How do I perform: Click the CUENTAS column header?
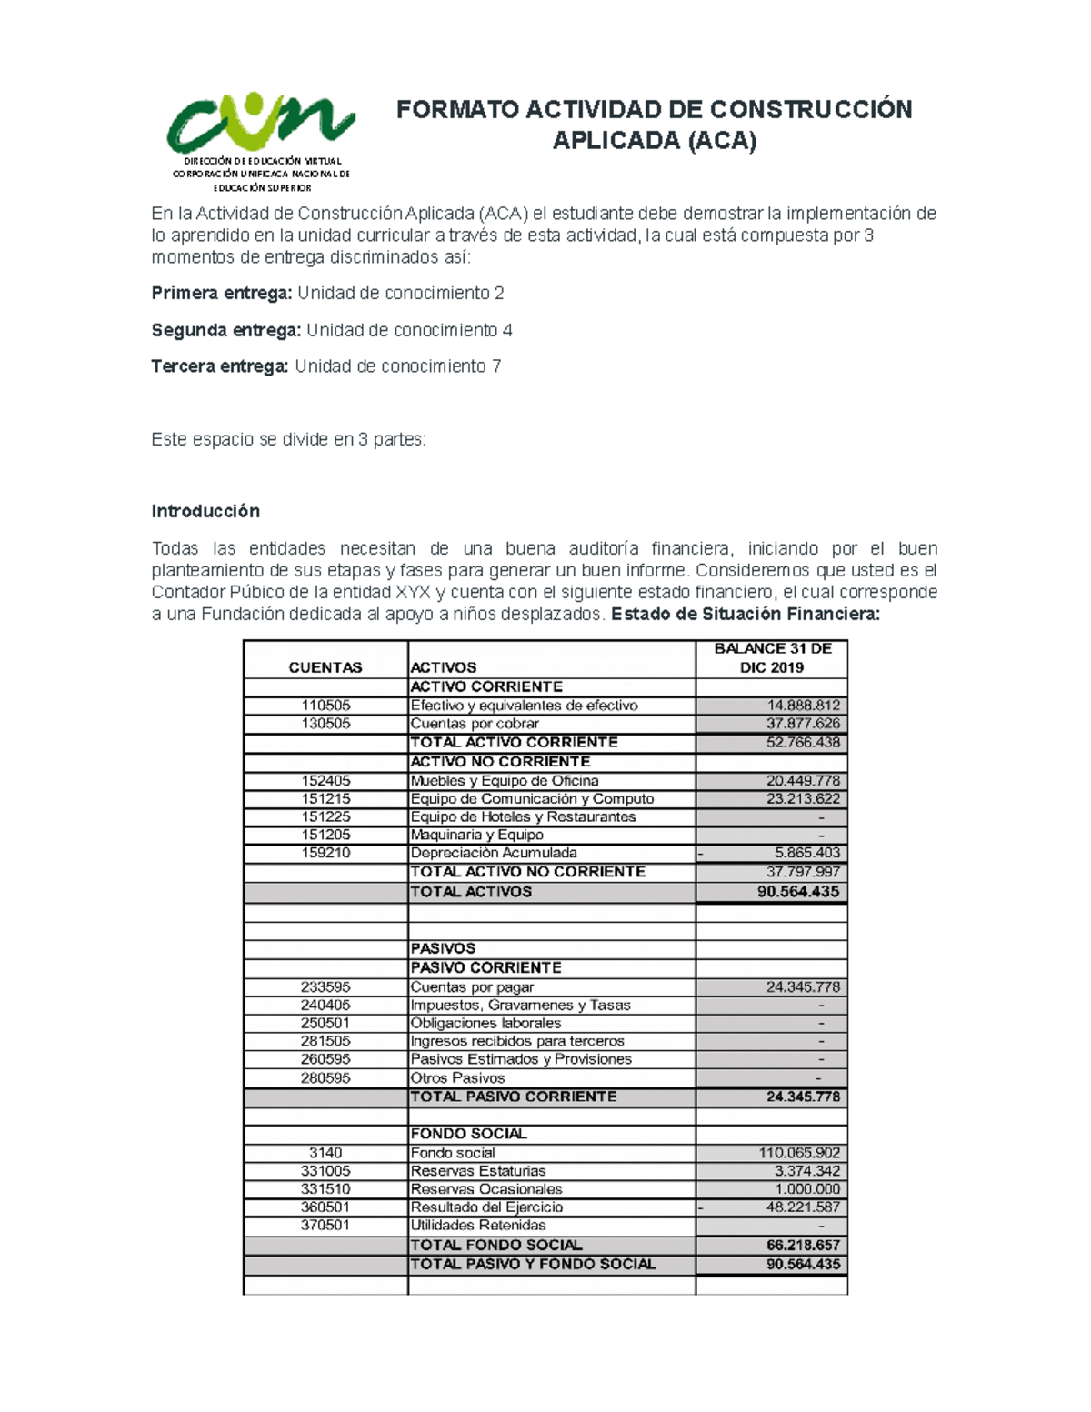tap(325, 667)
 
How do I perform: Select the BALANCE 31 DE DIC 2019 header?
tap(772, 657)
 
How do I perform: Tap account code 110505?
tap(325, 706)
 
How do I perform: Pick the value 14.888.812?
tap(803, 706)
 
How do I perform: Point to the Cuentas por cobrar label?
tap(475, 724)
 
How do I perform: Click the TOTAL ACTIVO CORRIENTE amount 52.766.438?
tap(803, 743)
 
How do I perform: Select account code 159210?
tap(325, 853)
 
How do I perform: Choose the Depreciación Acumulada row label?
tap(494, 853)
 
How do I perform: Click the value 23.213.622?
tap(803, 799)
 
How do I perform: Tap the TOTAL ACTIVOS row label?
tap(471, 892)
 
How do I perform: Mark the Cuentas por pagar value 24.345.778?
tap(803, 987)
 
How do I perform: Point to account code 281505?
tap(325, 1041)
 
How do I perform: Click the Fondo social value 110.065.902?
tap(799, 1153)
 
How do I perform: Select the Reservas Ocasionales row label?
tap(486, 1189)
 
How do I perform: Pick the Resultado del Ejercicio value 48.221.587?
tap(803, 1207)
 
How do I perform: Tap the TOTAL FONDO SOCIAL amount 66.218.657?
tap(803, 1246)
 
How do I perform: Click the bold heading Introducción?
tap(205, 511)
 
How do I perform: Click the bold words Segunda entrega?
tap(225, 330)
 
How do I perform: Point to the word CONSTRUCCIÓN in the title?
tap(810, 110)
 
